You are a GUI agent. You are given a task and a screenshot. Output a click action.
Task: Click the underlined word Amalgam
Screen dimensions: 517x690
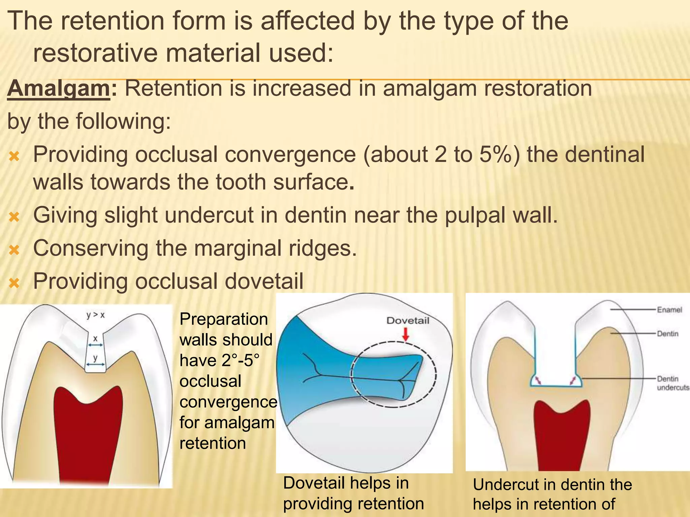point(58,89)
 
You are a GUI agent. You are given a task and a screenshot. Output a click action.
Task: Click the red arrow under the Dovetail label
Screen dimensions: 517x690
point(406,334)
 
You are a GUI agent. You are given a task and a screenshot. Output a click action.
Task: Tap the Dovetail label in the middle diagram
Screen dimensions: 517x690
point(408,320)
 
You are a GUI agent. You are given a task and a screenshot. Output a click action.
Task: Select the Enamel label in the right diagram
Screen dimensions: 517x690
point(669,310)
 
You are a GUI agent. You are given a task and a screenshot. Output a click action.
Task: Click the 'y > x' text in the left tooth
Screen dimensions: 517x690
point(95,315)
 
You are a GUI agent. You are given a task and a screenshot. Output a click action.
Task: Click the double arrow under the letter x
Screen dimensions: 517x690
point(95,345)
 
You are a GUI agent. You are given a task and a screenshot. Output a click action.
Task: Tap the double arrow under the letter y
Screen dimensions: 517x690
point(95,365)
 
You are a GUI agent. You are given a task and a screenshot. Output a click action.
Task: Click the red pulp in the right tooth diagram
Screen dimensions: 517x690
point(562,438)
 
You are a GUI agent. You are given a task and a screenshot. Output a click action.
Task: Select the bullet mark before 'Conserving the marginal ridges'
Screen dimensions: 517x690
point(14,249)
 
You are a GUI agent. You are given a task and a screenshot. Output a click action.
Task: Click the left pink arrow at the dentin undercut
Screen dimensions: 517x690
point(538,380)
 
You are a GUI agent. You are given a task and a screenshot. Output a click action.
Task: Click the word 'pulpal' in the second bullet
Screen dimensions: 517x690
point(475,215)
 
